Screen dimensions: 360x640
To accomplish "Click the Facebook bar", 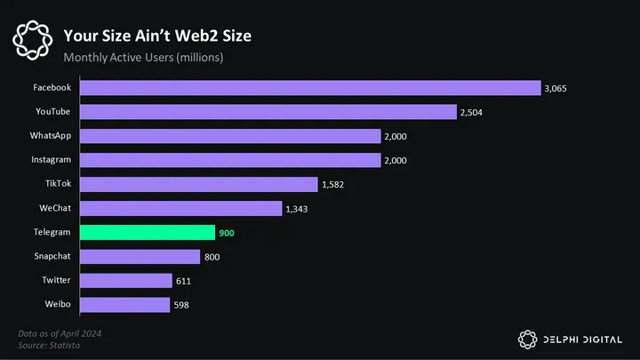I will click(x=310, y=88).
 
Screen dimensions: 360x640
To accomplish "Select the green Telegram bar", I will click(x=148, y=232).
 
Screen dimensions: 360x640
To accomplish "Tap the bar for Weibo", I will click(x=124, y=305).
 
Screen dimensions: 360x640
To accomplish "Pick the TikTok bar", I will click(x=199, y=184).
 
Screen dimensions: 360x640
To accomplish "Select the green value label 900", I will click(x=228, y=233).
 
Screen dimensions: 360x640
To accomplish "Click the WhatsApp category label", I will click(x=51, y=136).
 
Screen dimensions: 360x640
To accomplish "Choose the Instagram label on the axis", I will click(x=52, y=160).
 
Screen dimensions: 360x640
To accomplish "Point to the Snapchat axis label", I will click(x=52, y=256).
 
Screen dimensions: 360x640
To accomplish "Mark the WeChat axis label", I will click(x=54, y=208).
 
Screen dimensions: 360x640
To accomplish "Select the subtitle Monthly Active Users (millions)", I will click(x=143, y=58).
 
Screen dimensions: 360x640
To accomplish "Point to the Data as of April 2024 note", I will click(x=58, y=333).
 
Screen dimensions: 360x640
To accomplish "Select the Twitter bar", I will click(x=125, y=281).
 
